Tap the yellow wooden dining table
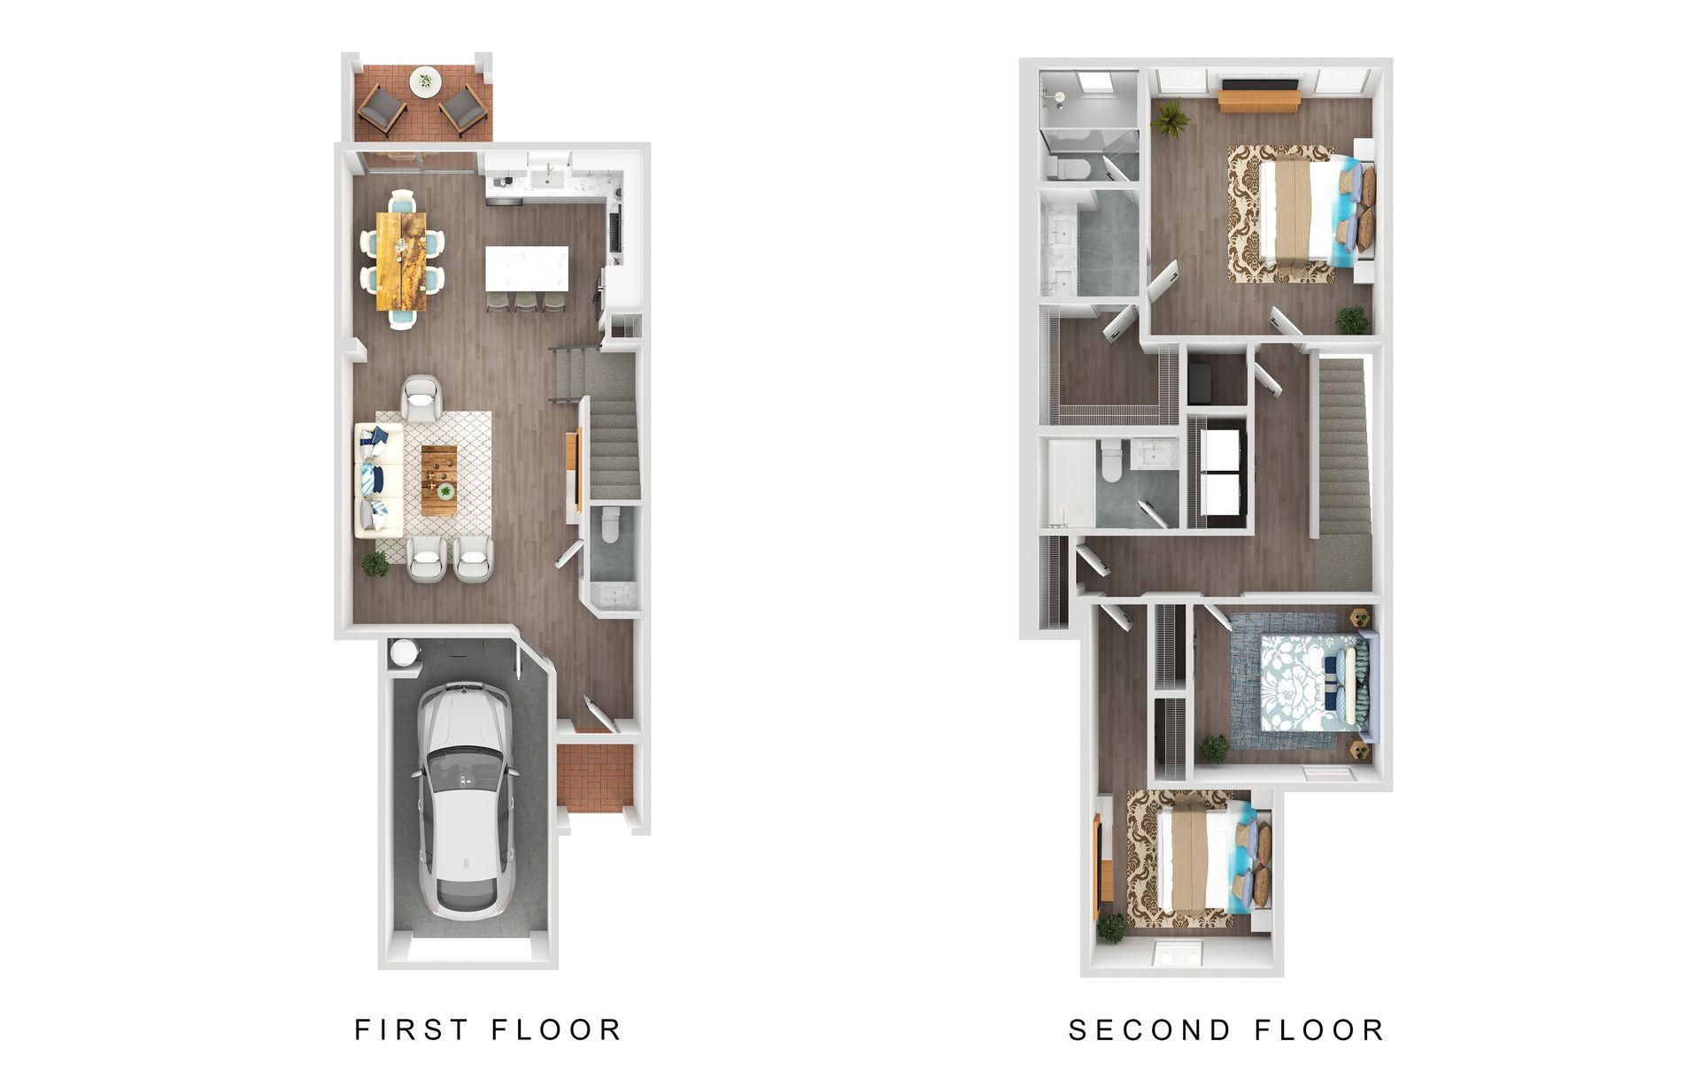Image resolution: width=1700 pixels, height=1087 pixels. coord(401,260)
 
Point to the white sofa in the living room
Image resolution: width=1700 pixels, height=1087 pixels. coord(378,479)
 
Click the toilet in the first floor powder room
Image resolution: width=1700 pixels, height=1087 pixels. coord(610,526)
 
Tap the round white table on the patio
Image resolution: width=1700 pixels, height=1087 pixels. coord(424,81)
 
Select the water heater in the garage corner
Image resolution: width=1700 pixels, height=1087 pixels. coord(403,653)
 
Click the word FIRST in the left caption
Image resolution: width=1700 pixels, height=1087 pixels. coord(412,1029)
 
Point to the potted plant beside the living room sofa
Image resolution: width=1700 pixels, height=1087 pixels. coord(375,563)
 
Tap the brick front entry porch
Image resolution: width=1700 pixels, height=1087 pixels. coord(594,778)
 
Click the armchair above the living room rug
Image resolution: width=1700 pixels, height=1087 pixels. coord(420,397)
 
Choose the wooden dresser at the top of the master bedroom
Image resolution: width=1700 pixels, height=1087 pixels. coord(1258,96)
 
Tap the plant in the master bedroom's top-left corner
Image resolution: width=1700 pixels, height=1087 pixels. coord(1171,118)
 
